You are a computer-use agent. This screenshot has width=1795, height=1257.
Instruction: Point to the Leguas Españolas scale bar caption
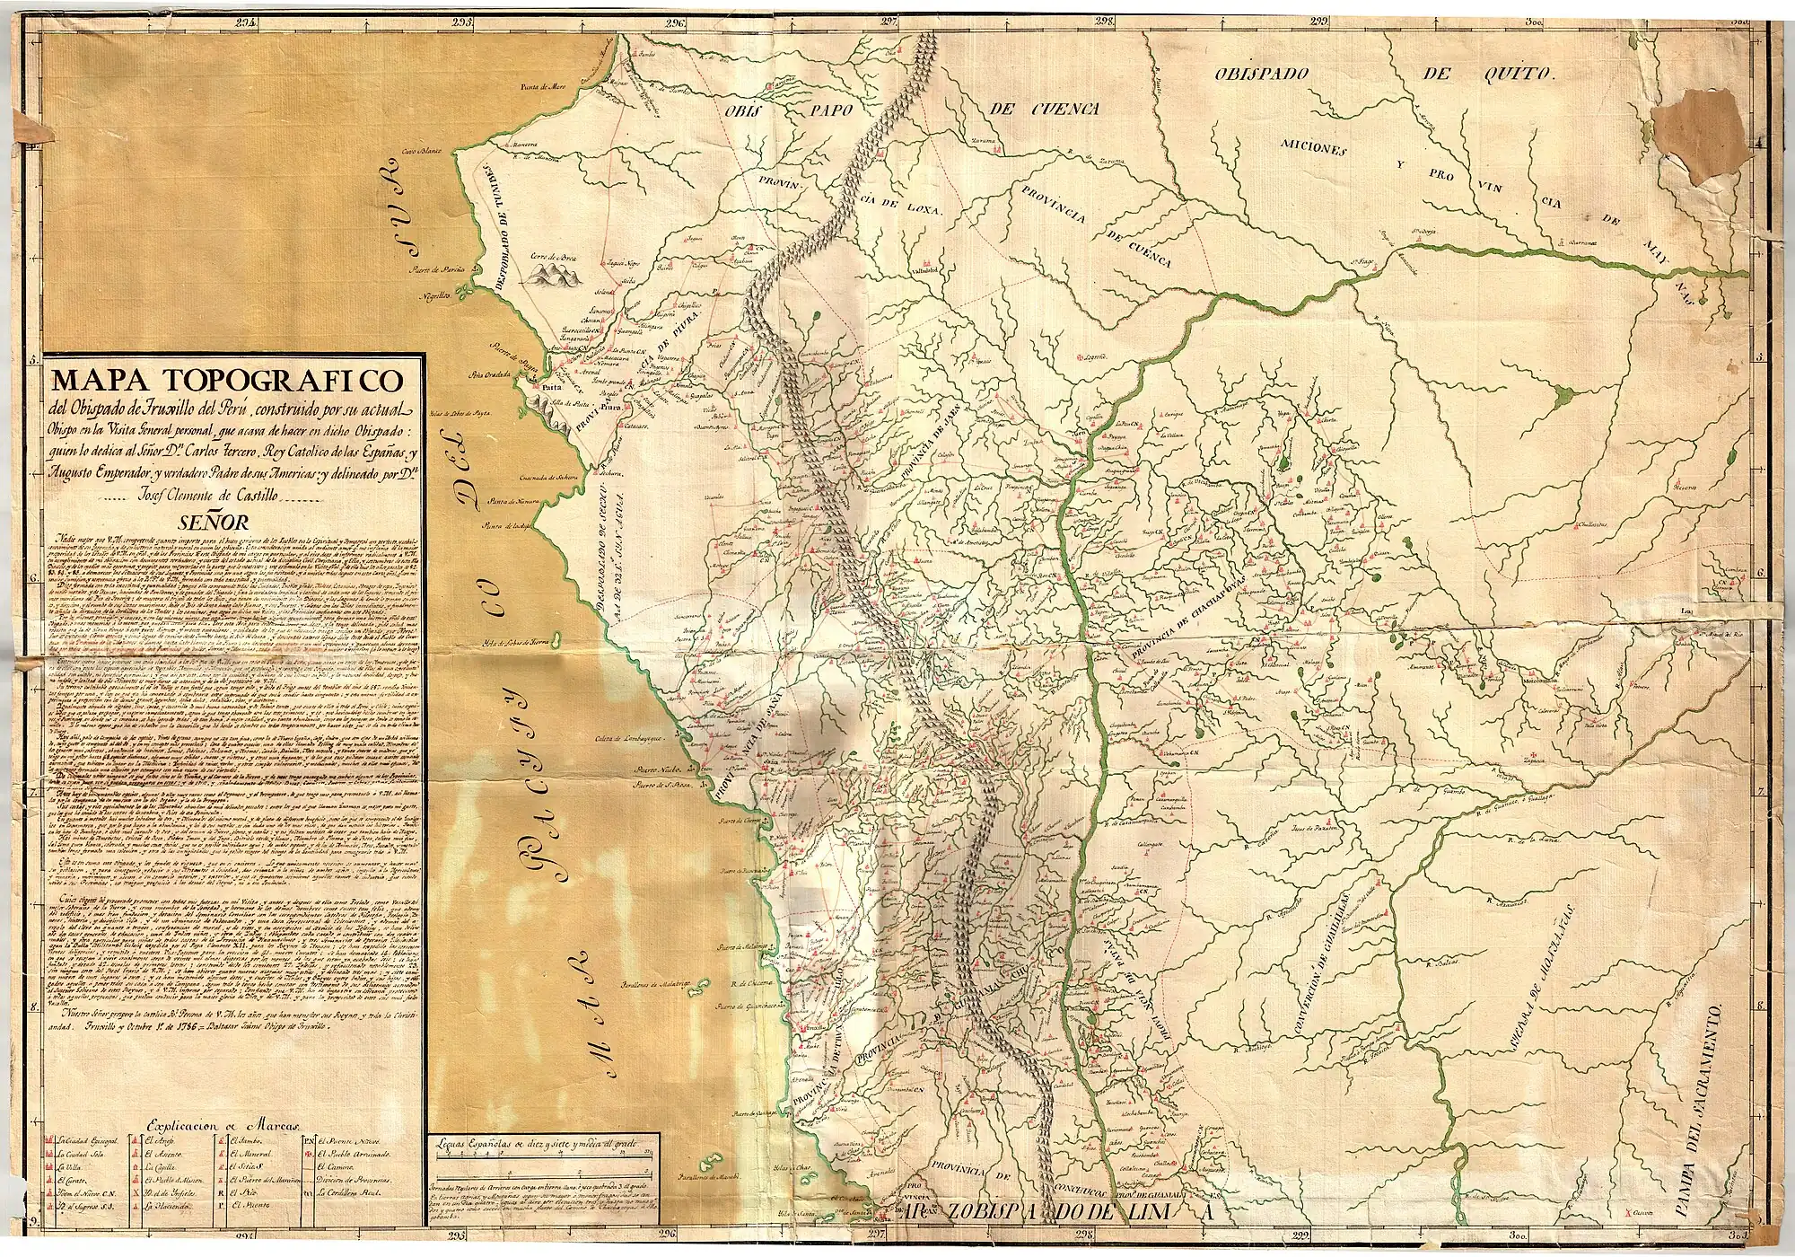point(542,1145)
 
